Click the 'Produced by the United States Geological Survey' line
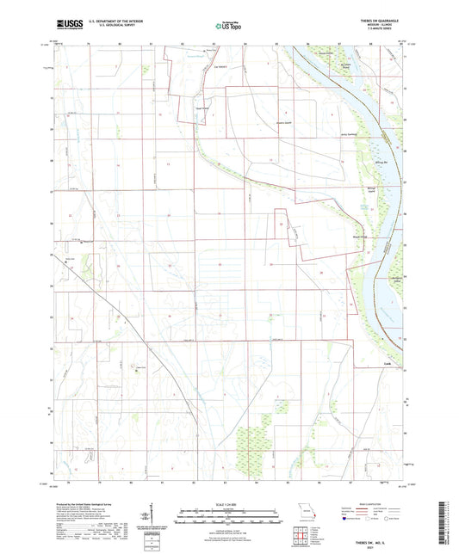87,505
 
